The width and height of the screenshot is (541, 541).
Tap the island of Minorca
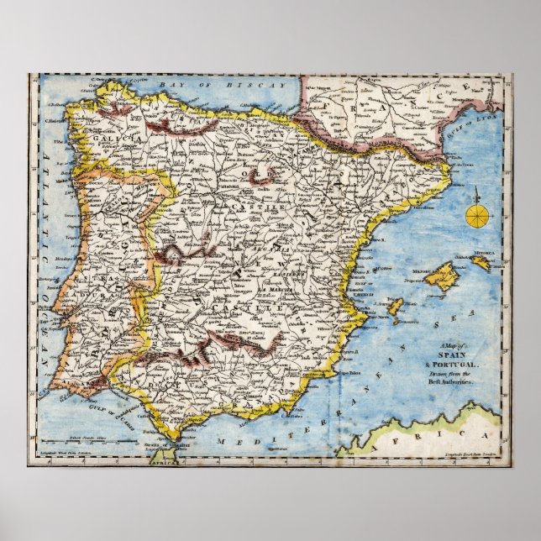point(481,263)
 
